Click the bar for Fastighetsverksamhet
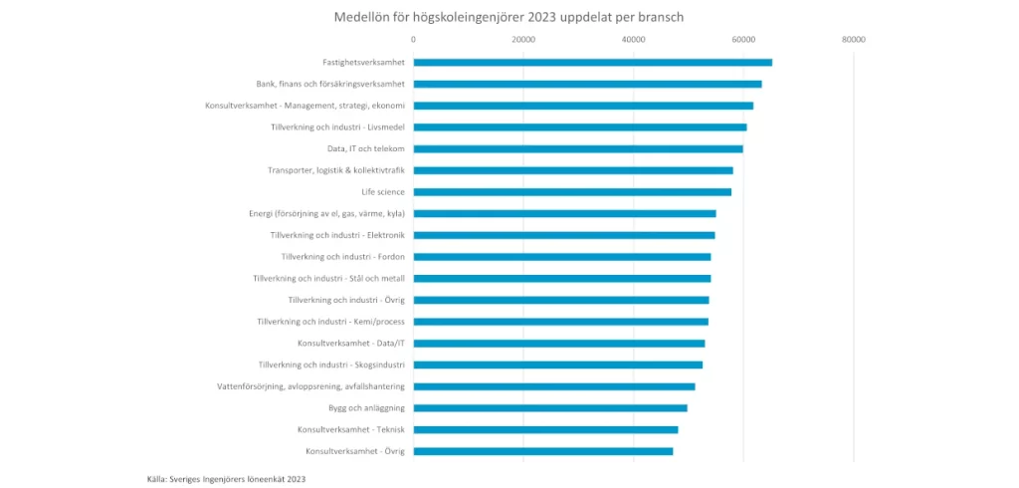[x=592, y=63]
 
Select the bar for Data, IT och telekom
[x=577, y=149]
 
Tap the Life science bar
[x=572, y=192]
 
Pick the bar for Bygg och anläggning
[x=549, y=408]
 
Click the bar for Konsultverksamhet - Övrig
[x=542, y=451]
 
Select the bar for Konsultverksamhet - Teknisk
[x=545, y=430]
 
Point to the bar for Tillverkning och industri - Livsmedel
[x=579, y=127]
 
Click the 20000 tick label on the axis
[x=523, y=40]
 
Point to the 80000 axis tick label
[x=853, y=40]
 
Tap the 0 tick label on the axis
[x=413, y=40]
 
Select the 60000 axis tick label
[x=743, y=40]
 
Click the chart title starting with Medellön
[x=509, y=17]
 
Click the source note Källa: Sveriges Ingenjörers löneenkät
[x=226, y=479]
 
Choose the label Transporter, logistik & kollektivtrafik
[x=335, y=170]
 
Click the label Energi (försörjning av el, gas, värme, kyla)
[x=326, y=213]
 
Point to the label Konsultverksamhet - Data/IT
[x=350, y=344]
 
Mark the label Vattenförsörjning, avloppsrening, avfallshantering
[x=310, y=386]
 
